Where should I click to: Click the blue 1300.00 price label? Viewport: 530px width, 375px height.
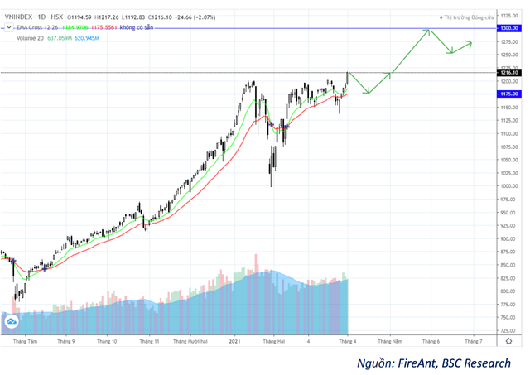tap(508, 28)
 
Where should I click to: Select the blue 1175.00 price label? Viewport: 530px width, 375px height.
tap(508, 94)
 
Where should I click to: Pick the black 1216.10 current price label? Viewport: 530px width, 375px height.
tap(508, 73)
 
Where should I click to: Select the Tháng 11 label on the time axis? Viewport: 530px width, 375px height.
tap(149, 340)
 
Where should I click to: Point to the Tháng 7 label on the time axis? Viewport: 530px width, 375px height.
tap(474, 340)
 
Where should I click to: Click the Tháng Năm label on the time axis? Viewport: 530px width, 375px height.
tap(390, 340)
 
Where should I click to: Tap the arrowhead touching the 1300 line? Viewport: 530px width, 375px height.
tap(428, 31)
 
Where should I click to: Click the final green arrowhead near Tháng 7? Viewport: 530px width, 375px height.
tap(470, 43)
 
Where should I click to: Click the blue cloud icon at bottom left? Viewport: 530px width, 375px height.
tap(12, 322)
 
